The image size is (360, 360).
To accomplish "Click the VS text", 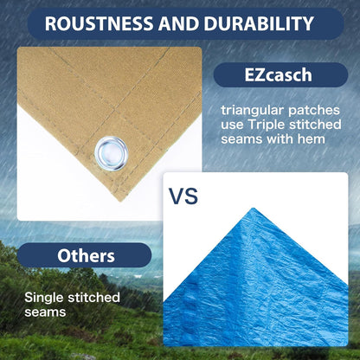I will point(183,196).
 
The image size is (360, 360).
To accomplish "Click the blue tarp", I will point(260,286).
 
